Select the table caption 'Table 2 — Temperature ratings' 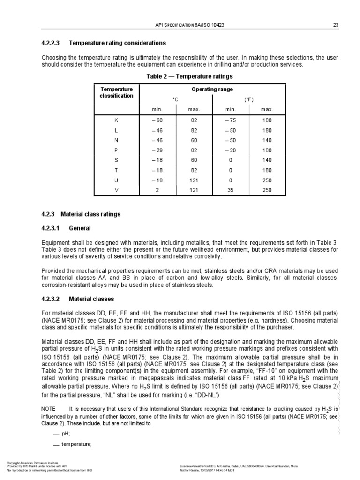point(190,76)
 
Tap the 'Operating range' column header point(212,89)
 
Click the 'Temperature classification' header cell point(117,92)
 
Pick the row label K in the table point(117,120)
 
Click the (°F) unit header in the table point(248,99)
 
